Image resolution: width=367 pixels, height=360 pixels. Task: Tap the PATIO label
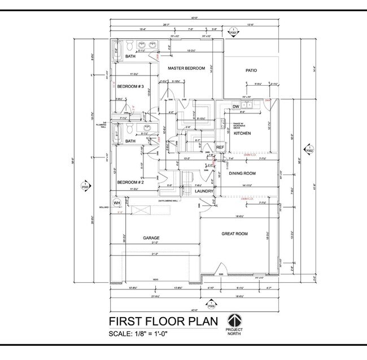pyautogui.click(x=251, y=71)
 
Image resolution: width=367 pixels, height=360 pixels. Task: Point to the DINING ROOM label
pyautogui.click(x=242, y=173)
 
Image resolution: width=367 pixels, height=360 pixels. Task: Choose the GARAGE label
pyautogui.click(x=151, y=238)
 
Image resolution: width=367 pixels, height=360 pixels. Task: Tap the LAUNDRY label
pyautogui.click(x=203, y=191)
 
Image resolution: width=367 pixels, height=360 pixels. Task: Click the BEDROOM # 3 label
pyautogui.click(x=130, y=86)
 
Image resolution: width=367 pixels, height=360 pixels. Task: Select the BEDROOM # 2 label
pyautogui.click(x=130, y=182)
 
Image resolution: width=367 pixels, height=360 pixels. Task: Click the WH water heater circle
pyautogui.click(x=117, y=203)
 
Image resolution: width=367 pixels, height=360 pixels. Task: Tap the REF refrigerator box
pyautogui.click(x=220, y=147)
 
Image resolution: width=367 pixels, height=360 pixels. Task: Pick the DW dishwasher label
pyautogui.click(x=235, y=107)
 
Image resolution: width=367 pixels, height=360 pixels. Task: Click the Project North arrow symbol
pyautogui.click(x=234, y=319)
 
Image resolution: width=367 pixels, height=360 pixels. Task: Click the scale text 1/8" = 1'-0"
pyautogui.click(x=138, y=334)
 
